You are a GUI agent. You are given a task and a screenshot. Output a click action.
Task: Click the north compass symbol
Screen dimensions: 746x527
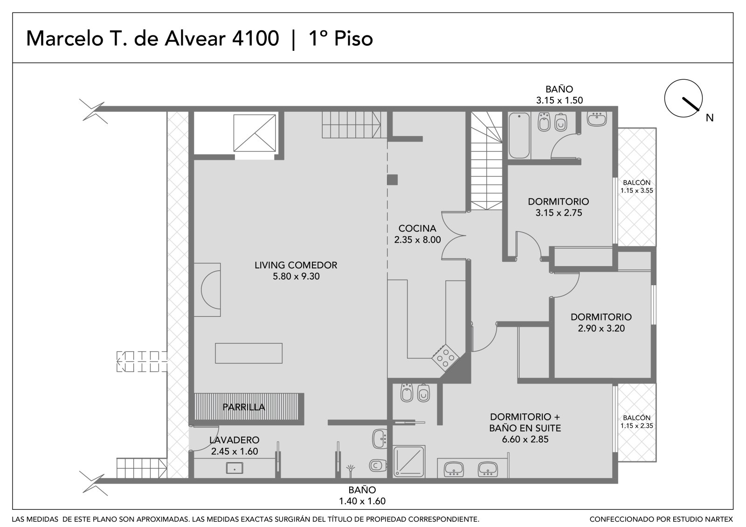tap(684, 98)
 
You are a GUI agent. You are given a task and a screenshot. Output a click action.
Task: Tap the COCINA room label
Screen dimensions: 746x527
tap(417, 228)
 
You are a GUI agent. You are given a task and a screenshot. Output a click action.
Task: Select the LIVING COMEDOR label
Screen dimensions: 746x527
tap(296, 265)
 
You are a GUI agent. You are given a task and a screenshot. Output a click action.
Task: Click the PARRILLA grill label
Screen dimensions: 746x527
tap(244, 407)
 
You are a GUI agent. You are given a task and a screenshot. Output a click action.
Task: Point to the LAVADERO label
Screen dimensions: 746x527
tap(234, 440)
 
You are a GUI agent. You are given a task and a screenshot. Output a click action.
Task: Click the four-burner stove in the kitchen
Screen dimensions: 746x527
tap(446, 358)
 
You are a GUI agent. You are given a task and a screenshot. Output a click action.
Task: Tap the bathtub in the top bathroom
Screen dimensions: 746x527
tap(519, 136)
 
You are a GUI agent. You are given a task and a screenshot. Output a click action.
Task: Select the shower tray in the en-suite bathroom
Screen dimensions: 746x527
tap(409, 461)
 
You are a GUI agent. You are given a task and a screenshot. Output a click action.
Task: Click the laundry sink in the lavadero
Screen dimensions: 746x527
tap(235, 468)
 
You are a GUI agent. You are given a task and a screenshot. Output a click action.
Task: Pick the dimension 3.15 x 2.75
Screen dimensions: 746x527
tap(559, 213)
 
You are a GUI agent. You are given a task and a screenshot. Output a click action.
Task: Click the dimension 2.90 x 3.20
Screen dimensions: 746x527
tap(601, 328)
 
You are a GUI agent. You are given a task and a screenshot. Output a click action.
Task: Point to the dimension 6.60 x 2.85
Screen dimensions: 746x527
tap(525, 439)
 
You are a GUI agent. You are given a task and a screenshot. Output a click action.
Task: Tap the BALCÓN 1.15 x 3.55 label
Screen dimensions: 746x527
tap(636, 186)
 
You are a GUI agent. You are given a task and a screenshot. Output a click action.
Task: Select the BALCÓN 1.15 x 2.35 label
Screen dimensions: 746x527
tap(636, 422)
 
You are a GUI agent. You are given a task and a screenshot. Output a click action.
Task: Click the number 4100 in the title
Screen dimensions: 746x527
tap(255, 38)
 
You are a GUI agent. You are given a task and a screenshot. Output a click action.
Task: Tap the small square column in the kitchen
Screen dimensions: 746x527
tap(392, 180)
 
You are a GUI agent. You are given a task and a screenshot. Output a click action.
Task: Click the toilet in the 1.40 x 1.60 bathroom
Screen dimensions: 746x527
tap(378, 465)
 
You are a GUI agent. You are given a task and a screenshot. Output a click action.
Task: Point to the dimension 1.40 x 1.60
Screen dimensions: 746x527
tap(362, 501)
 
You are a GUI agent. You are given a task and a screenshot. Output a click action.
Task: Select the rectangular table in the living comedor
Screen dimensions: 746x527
tap(249, 353)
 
